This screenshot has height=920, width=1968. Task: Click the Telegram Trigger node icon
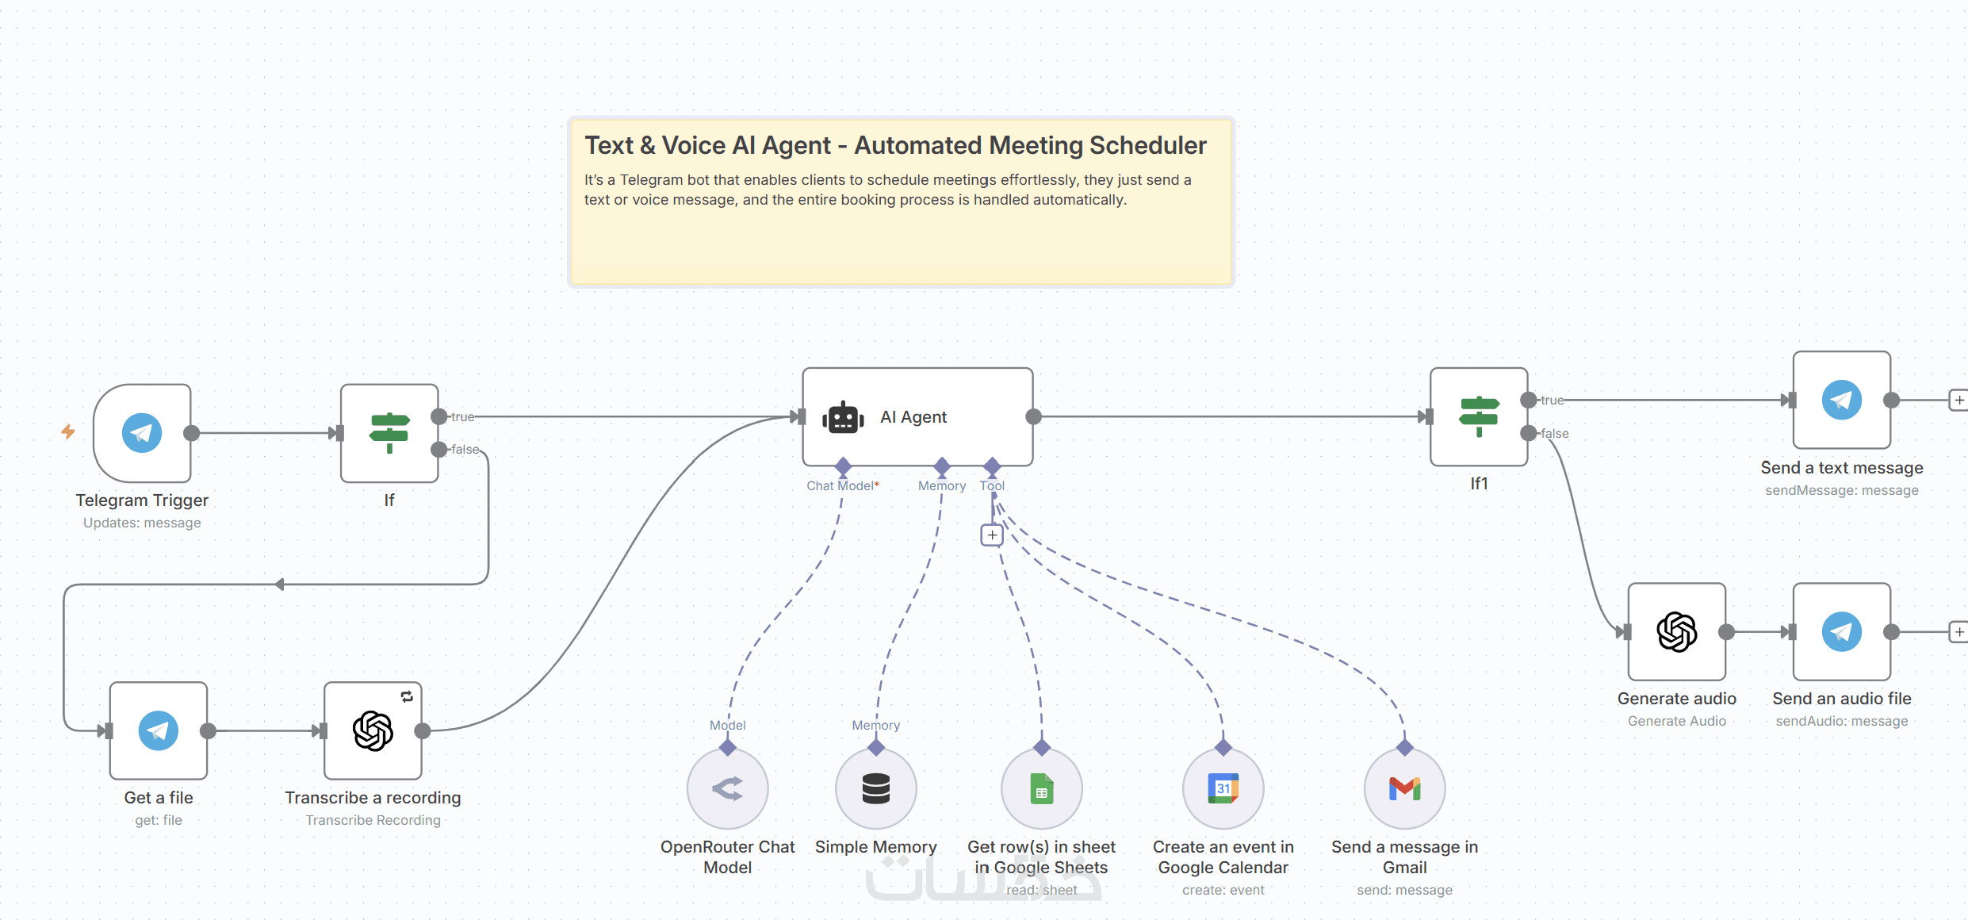pyautogui.click(x=142, y=433)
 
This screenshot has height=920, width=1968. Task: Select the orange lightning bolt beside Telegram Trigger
pyautogui.click(x=68, y=431)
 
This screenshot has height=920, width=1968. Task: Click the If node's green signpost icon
pyautogui.click(x=389, y=433)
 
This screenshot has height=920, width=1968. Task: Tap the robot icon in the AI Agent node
pyautogui.click(x=843, y=417)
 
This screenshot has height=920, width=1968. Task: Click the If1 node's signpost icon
pyautogui.click(x=1479, y=416)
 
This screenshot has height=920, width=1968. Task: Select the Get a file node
pyautogui.click(x=159, y=730)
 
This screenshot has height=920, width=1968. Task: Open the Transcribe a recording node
pyautogui.click(x=373, y=730)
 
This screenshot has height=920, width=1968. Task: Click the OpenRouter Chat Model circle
pyautogui.click(x=727, y=788)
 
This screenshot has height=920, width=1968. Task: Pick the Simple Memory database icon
pyautogui.click(x=876, y=788)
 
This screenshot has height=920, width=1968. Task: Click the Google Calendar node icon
pyautogui.click(x=1223, y=788)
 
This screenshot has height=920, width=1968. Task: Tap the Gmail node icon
pyautogui.click(x=1405, y=788)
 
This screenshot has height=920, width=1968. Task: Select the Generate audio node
pyautogui.click(x=1677, y=631)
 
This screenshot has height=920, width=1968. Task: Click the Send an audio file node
pyautogui.click(x=1842, y=631)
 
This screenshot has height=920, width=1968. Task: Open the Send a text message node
pyautogui.click(x=1842, y=400)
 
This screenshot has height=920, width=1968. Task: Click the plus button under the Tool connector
pyautogui.click(x=992, y=535)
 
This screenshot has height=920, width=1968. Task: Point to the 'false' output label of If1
pyautogui.click(x=1555, y=434)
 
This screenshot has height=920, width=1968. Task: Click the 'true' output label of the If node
pyautogui.click(x=463, y=417)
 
